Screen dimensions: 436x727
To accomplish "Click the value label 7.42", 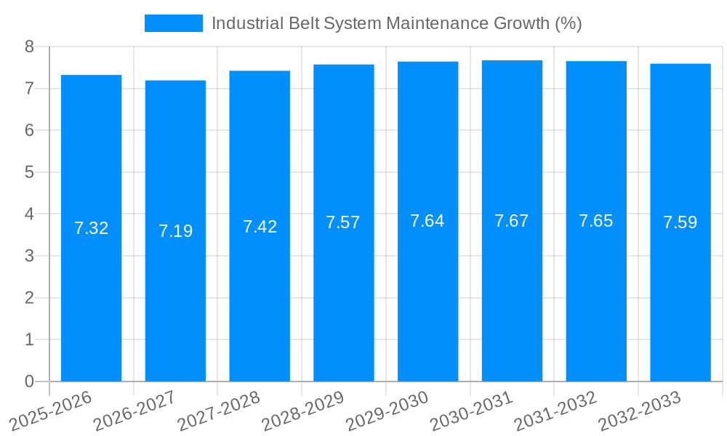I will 260,227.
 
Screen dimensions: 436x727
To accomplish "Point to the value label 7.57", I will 343,222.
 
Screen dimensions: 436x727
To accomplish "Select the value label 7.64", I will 427,221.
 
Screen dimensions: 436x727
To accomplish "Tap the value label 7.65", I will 596,221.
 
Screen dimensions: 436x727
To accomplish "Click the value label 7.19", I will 175,231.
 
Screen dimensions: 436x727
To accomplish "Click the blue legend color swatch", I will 174,23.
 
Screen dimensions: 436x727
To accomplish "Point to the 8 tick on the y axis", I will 29,47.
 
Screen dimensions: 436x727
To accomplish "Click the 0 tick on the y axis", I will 29,381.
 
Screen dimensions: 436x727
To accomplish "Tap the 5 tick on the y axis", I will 29,172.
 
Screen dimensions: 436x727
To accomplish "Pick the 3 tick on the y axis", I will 29,256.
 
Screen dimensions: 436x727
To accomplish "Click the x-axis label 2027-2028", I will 219,411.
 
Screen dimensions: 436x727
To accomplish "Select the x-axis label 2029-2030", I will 387,411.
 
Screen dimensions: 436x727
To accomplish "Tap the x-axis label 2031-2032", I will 556,411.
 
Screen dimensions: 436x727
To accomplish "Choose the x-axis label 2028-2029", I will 303,411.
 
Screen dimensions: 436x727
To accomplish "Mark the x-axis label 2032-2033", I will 640,411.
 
